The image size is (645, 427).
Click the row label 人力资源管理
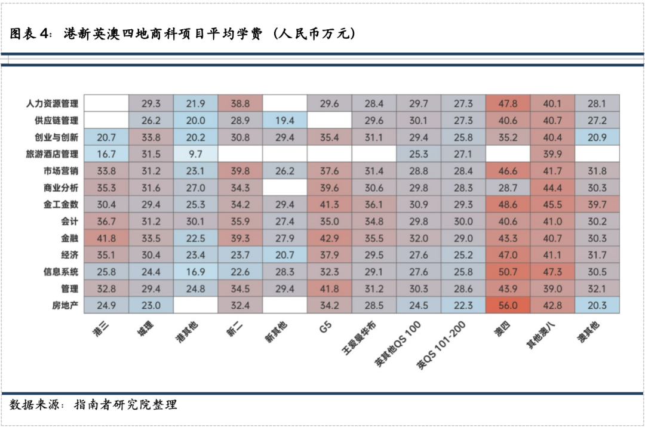tap(53, 103)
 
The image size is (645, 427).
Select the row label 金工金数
tap(62, 205)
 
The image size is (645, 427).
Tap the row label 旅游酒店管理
tap(53, 154)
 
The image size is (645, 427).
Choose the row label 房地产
tap(66, 306)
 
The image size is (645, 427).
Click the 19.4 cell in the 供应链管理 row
tap(284, 120)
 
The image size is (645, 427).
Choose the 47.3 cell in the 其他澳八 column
tap(552, 272)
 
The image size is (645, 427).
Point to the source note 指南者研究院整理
tap(125, 405)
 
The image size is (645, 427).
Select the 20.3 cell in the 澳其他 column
tap(597, 306)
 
